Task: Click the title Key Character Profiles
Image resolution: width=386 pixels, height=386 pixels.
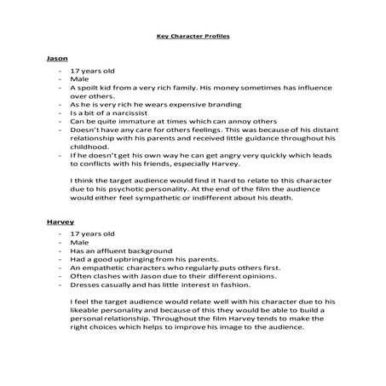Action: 193,37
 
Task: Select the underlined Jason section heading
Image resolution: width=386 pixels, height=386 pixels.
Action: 56,58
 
